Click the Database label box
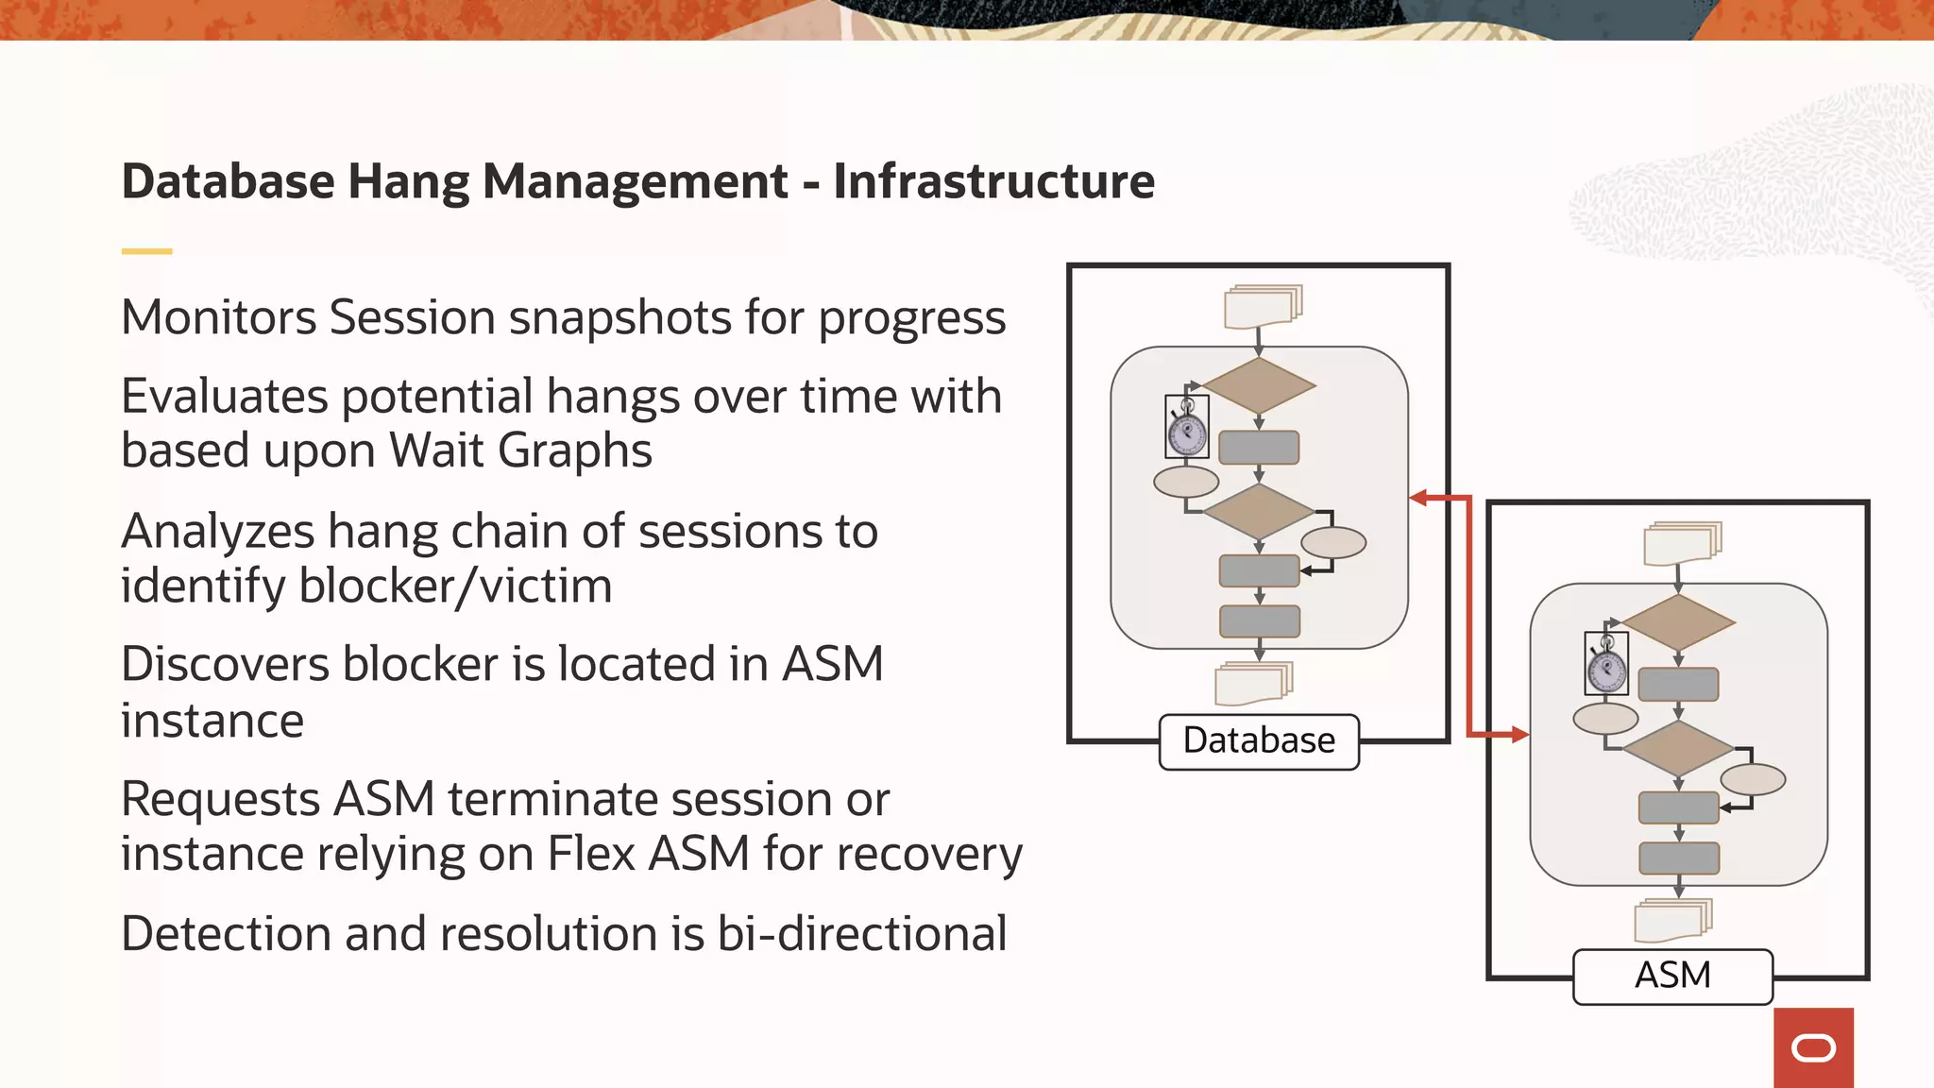pyautogui.click(x=1259, y=741)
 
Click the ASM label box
pyautogui.click(x=1672, y=976)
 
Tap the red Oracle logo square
pyautogui.click(x=1813, y=1047)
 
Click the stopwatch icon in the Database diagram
pyautogui.click(x=1187, y=427)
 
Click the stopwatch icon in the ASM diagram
pyautogui.click(x=1606, y=664)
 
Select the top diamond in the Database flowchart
pyautogui.click(x=1259, y=385)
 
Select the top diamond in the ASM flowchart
pyautogui.click(x=1678, y=622)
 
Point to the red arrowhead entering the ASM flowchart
pyautogui.click(x=1519, y=734)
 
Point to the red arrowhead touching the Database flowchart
pyautogui.click(x=1417, y=498)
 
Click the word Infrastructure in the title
pyautogui.click(x=993, y=181)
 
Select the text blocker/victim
pyautogui.click(x=454, y=586)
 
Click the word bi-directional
pyautogui.click(x=861, y=934)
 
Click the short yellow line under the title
pyautogui.click(x=146, y=251)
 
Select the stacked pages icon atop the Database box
pyautogui.click(x=1263, y=306)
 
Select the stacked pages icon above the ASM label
pyautogui.click(x=1672, y=919)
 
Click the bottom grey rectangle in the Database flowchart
pyautogui.click(x=1260, y=621)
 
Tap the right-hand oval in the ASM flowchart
pyautogui.click(x=1753, y=779)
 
